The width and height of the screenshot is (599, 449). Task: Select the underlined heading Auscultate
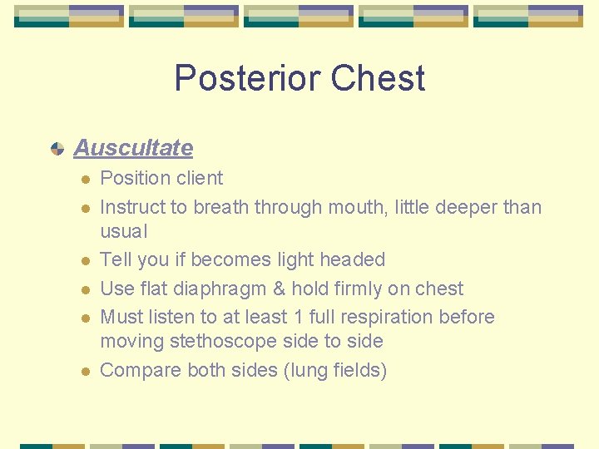133,148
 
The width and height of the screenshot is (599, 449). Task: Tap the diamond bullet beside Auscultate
57,149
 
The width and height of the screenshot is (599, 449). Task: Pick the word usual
123,231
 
